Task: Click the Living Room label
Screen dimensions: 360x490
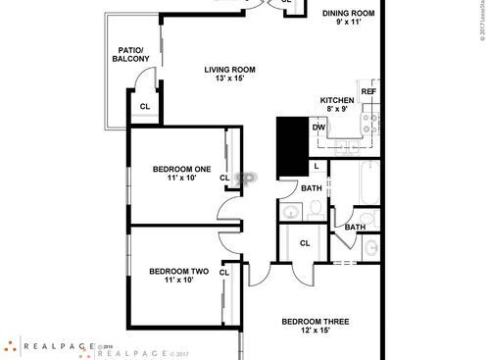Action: click(230, 75)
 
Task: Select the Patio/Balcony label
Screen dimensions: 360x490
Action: click(130, 55)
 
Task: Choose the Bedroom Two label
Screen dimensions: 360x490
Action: click(178, 276)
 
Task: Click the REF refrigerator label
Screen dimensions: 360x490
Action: click(368, 91)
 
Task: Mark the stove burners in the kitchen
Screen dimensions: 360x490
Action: click(370, 125)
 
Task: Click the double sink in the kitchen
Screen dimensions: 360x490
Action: click(347, 144)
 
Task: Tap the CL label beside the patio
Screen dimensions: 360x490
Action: click(144, 107)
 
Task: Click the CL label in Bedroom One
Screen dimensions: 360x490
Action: click(224, 178)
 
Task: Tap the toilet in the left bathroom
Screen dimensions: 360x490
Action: click(316, 208)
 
